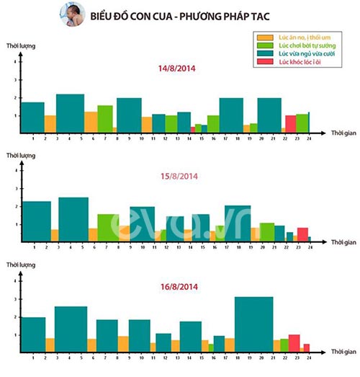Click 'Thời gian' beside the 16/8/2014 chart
pyautogui.click(x=342, y=352)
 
